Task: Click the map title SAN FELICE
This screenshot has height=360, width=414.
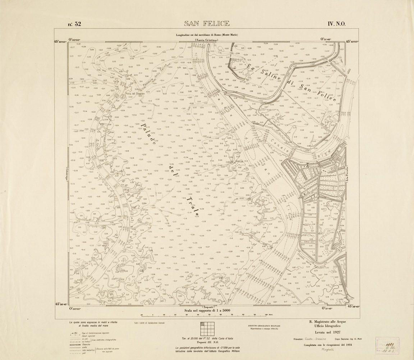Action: click(207, 24)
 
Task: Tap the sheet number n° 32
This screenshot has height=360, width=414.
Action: click(74, 24)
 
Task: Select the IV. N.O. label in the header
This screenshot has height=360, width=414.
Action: click(336, 24)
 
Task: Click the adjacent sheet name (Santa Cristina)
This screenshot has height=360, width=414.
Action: click(206, 40)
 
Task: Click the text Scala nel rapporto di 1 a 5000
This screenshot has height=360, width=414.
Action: click(207, 310)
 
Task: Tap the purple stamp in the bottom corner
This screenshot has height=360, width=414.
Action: click(387, 346)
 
